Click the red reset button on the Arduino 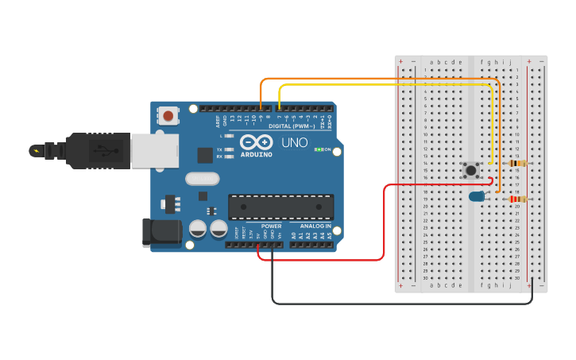(x=168, y=116)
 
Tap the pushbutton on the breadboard (x=472, y=169)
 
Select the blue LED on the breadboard (x=477, y=195)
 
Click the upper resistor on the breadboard (x=516, y=163)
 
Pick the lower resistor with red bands (x=517, y=199)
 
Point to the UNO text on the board (x=295, y=143)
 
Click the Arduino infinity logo (x=256, y=141)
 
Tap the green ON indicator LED (x=318, y=149)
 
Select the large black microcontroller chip (x=280, y=206)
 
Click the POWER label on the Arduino (x=271, y=226)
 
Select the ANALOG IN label (x=316, y=226)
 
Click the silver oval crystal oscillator (x=202, y=179)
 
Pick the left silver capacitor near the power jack (x=198, y=229)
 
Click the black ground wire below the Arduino (x=397, y=304)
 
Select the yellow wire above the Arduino (x=381, y=85)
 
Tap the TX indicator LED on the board (x=230, y=149)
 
